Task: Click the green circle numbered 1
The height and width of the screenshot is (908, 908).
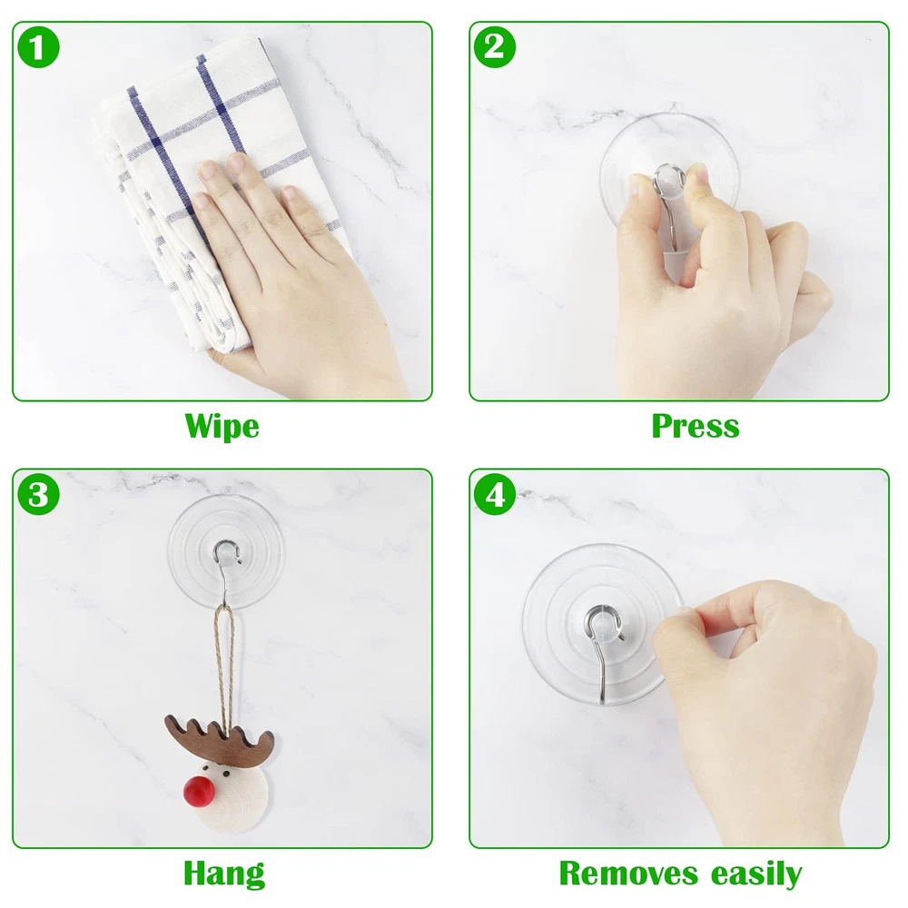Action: coord(38,47)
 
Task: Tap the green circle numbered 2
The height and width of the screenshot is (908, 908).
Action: coord(495,47)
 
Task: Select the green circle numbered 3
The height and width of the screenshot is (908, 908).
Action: coord(38,495)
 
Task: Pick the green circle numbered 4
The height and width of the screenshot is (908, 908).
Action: coord(495,495)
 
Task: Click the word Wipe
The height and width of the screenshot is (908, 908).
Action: coord(222,427)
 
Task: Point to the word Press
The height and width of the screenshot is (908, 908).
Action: coord(696,426)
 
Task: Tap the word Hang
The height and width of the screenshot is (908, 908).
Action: coord(224,874)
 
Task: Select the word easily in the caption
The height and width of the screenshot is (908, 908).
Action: coord(756,874)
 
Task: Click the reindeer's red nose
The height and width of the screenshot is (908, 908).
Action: coord(200,792)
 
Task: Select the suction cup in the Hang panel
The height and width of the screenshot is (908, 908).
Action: coord(226,552)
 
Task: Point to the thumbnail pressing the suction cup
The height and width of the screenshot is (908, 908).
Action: coord(697,172)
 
